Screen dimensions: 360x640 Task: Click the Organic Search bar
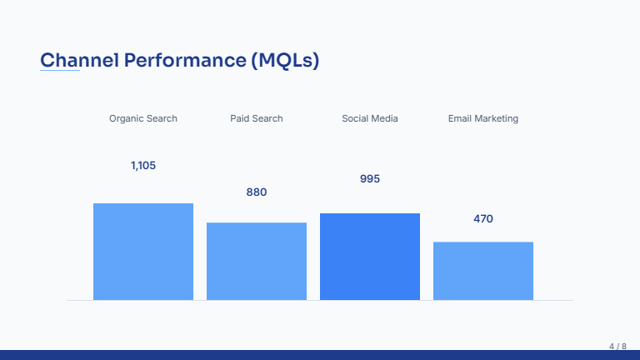[x=143, y=252]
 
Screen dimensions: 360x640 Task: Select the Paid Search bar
[x=257, y=261]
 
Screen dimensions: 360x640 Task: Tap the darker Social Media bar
[x=370, y=257]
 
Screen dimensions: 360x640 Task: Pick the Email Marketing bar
[x=483, y=271]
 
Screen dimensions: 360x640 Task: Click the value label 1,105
[x=143, y=166]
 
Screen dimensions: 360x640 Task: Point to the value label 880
[x=257, y=192]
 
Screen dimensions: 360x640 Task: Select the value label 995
[x=370, y=179]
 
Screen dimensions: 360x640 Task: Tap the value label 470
[x=483, y=219]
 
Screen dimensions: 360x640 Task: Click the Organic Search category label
[x=143, y=118]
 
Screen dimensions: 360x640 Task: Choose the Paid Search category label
[x=257, y=118]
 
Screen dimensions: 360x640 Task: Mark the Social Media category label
[x=370, y=118]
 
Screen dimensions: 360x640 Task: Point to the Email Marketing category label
[x=483, y=118]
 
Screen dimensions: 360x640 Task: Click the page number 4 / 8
[x=617, y=346]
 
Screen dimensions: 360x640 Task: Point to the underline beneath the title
[x=60, y=71]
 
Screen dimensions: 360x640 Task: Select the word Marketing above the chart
[x=497, y=118]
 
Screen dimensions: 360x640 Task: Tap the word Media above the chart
[x=384, y=118]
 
